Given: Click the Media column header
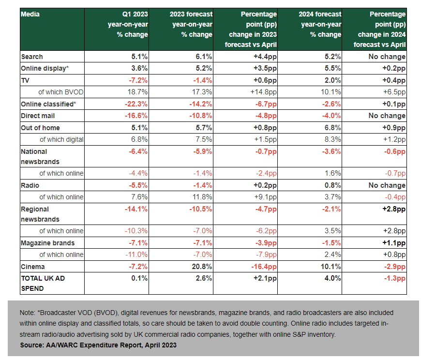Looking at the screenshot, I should point(30,14).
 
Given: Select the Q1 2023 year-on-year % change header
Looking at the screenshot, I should point(128,24).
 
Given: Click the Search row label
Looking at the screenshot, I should point(32,57).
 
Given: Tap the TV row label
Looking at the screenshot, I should point(25,80).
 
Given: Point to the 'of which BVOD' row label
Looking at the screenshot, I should point(61,92).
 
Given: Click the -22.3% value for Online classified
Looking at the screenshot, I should point(136,104).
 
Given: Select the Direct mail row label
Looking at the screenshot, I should point(38,116).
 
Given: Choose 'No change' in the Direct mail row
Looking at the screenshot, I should point(387,116).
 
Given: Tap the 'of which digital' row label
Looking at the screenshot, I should point(61,139).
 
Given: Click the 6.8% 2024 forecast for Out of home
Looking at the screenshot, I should point(332,127).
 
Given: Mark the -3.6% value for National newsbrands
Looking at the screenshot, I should point(331,151).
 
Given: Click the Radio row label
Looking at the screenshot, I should point(30,185).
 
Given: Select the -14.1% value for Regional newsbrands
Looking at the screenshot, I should point(136,209).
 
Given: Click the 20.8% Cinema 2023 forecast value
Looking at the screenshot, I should point(202,266).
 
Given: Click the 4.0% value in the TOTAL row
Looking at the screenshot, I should point(332,278).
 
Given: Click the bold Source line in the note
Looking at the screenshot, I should point(98,345).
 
